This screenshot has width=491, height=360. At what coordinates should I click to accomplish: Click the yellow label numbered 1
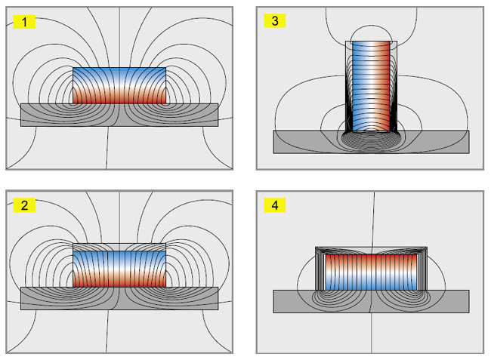24,22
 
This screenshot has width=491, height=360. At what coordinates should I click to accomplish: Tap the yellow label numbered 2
24,205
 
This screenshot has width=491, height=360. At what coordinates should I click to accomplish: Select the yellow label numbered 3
275,20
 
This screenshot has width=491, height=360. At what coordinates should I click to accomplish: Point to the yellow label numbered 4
275,205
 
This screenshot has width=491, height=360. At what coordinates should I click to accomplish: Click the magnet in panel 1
119,85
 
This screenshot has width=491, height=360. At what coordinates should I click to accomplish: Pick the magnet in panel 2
119,269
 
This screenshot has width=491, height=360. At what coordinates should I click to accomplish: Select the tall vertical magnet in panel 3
372,86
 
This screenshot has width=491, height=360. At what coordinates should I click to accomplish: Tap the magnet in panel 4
372,272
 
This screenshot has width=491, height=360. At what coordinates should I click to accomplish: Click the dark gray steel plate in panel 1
119,115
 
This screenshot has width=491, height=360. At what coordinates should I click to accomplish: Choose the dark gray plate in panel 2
119,298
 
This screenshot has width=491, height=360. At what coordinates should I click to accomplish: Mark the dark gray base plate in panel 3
371,142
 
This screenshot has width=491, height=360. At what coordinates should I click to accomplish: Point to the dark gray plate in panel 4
371,301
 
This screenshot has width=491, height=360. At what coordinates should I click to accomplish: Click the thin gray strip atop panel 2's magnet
119,247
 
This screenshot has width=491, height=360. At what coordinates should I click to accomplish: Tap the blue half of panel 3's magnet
360,86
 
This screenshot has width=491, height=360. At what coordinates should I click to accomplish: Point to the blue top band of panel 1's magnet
119,74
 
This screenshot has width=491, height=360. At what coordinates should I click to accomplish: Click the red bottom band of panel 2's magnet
119,280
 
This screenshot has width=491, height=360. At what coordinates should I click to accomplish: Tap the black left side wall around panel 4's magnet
320,269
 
